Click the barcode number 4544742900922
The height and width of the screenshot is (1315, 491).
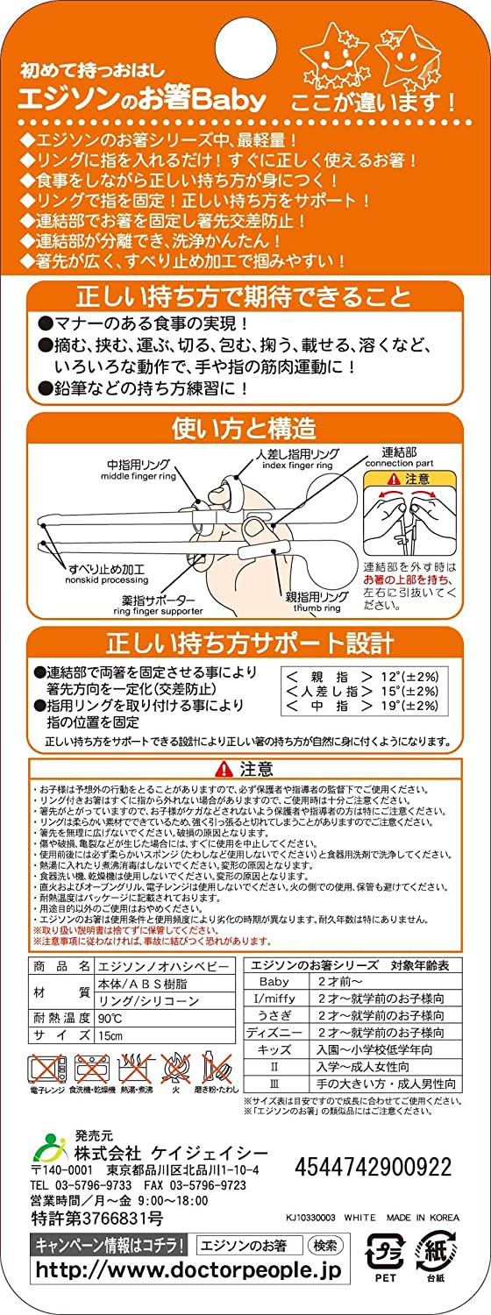click(x=374, y=1167)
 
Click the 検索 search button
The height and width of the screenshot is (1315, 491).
click(x=327, y=1245)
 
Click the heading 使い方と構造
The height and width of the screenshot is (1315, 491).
click(x=245, y=429)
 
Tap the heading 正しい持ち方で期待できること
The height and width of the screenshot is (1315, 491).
click(x=245, y=295)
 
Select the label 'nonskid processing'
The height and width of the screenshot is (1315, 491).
click(x=93, y=580)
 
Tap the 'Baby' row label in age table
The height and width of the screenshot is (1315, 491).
click(x=274, y=982)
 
